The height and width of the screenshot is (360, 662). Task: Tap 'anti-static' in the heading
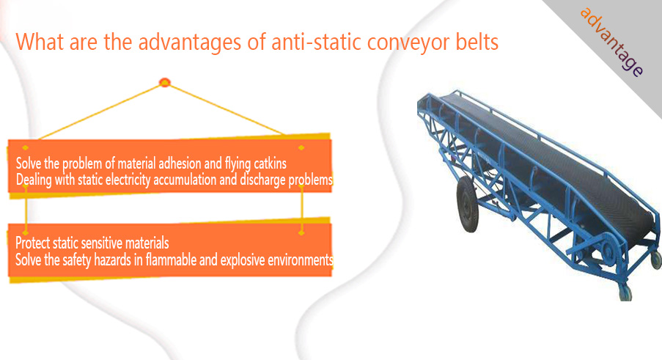coord(316,42)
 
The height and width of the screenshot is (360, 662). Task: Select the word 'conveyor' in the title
coord(408,43)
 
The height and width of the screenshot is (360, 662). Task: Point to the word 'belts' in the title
coord(477,42)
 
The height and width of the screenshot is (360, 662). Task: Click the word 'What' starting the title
coord(40,42)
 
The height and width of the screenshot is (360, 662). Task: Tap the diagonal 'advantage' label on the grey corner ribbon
coord(611,42)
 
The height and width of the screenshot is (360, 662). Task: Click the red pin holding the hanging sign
coord(165,82)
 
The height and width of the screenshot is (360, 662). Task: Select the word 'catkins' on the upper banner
coord(270,164)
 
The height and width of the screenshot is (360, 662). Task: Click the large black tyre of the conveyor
coord(468,205)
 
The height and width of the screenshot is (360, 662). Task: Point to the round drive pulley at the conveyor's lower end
coord(607,252)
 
